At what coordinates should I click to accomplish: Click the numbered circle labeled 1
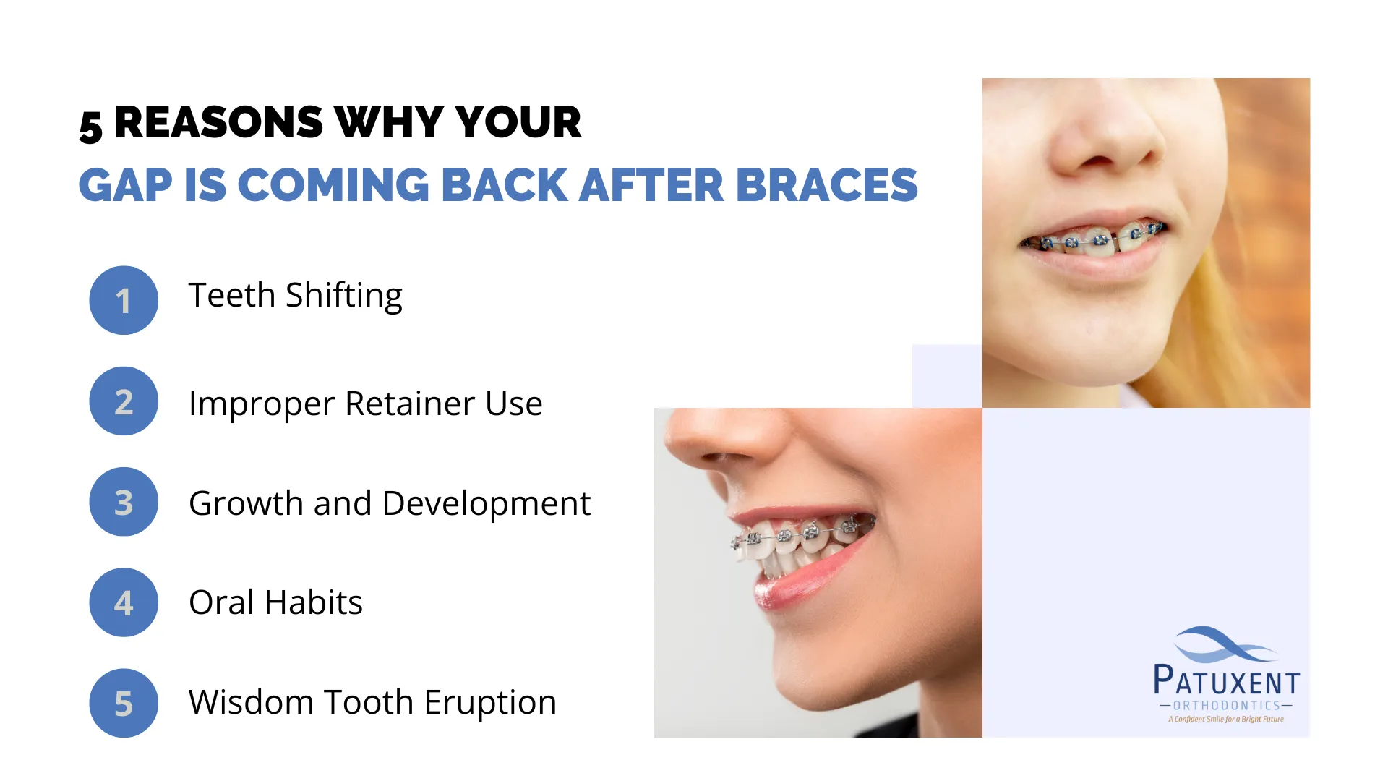click(124, 300)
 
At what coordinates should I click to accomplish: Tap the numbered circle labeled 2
click(124, 401)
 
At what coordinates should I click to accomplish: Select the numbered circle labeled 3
click(124, 502)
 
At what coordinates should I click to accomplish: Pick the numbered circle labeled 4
click(124, 602)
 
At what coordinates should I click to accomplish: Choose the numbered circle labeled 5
click(124, 703)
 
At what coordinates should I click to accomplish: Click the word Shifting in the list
click(344, 296)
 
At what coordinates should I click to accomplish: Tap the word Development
click(487, 504)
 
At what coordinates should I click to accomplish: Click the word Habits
click(314, 602)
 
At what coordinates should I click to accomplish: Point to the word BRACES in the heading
click(827, 185)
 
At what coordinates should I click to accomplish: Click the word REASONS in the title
click(218, 122)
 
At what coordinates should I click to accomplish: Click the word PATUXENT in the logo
click(1227, 680)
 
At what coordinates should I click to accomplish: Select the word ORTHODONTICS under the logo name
click(1227, 706)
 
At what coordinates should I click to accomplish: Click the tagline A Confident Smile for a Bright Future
click(1226, 719)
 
